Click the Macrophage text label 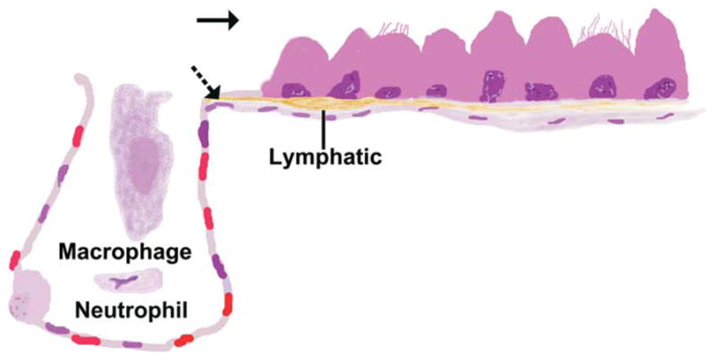124,253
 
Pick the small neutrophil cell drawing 124,281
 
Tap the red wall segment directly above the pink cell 13,261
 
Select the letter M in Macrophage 66,253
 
